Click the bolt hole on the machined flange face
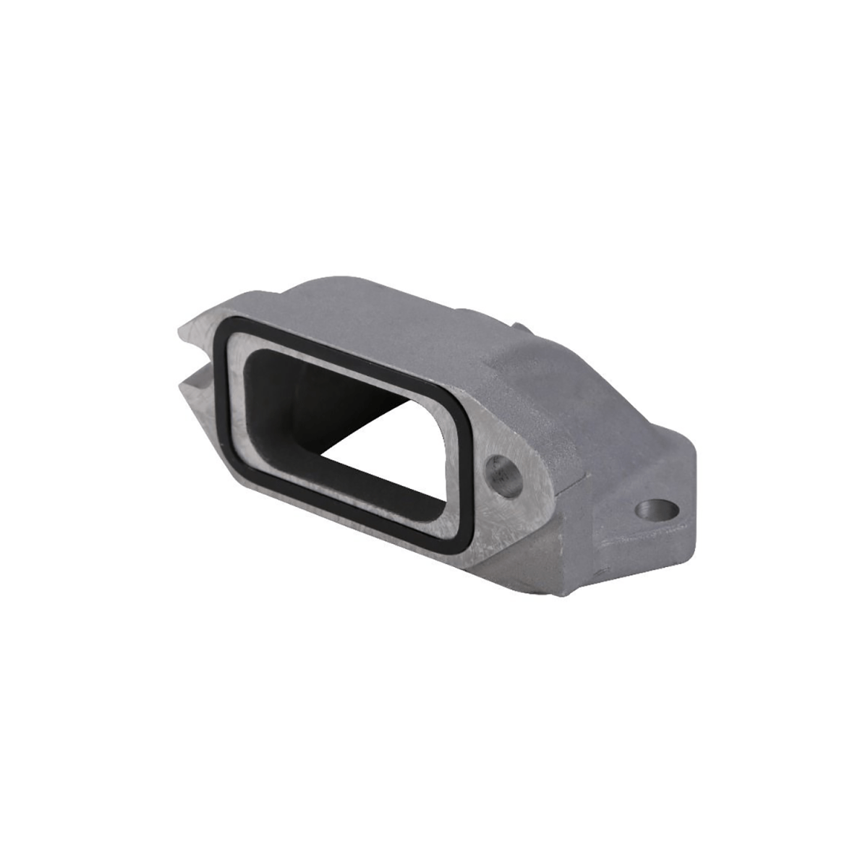503,475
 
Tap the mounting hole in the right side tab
658,511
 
